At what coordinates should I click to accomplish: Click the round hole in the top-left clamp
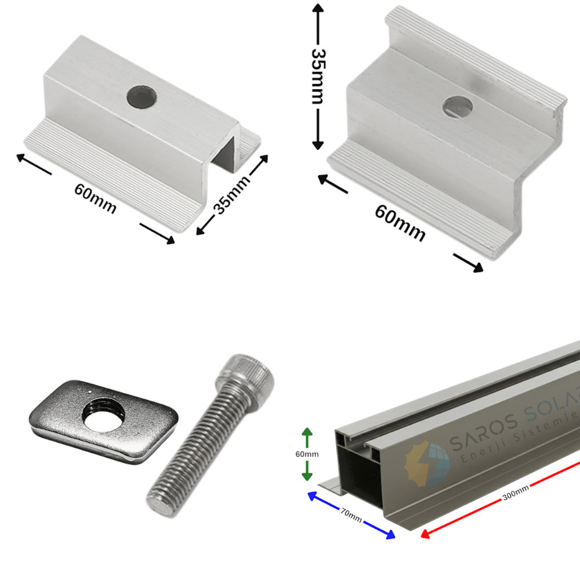[142, 97]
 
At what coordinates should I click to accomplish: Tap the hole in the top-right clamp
[458, 106]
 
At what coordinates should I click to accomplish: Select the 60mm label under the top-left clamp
[96, 198]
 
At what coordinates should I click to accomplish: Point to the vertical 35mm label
[318, 76]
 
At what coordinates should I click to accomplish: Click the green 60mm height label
[307, 454]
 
